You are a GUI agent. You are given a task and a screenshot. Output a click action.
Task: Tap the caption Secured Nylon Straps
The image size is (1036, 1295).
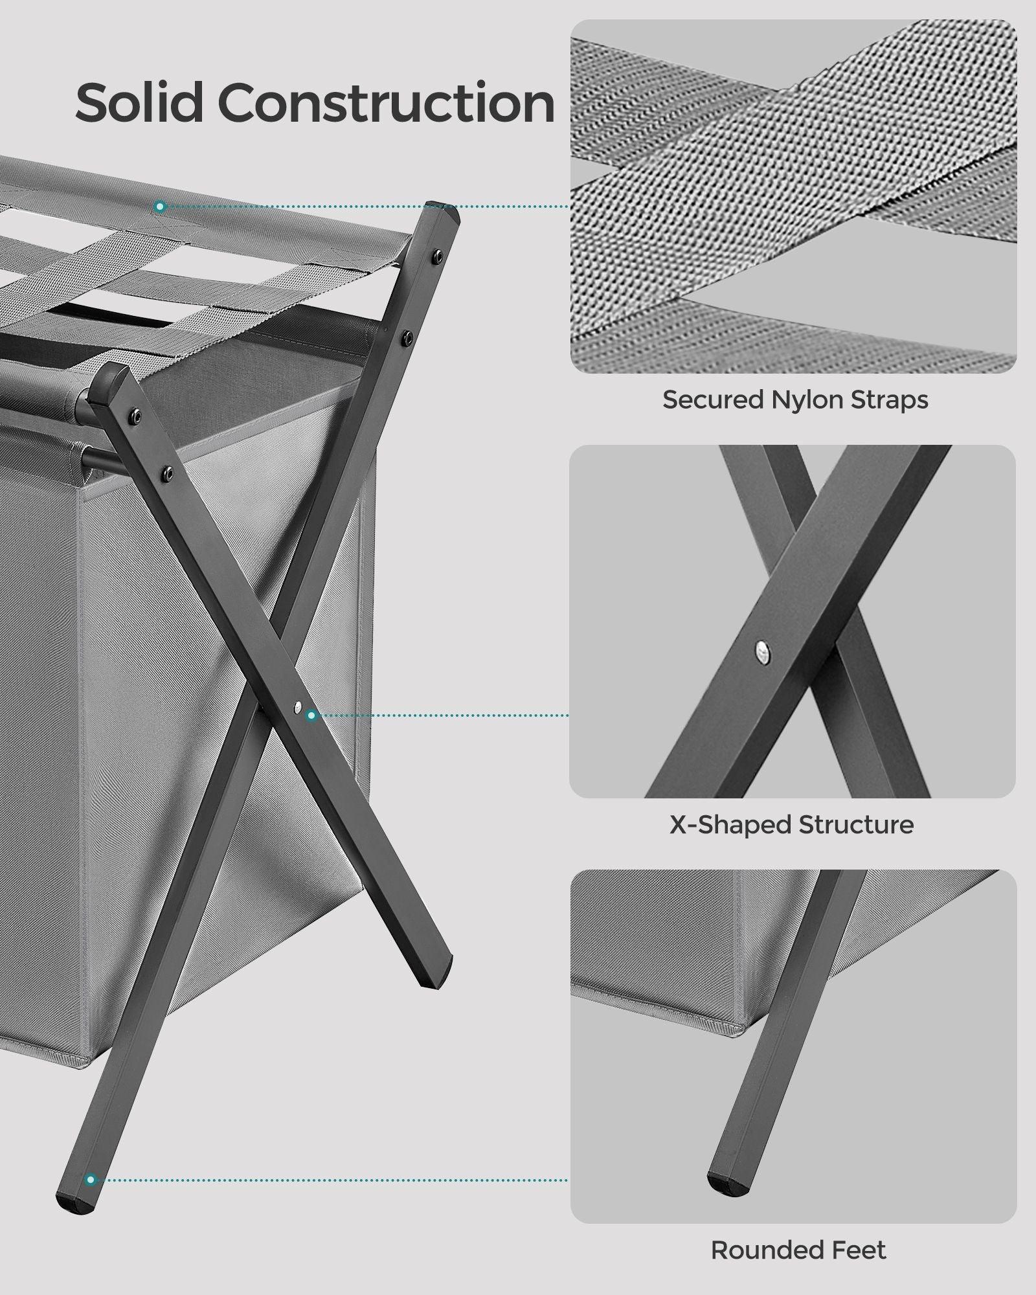(795, 400)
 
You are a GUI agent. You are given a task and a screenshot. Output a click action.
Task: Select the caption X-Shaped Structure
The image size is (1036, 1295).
(791, 824)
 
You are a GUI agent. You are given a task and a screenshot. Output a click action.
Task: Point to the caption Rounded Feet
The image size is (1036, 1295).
(798, 1250)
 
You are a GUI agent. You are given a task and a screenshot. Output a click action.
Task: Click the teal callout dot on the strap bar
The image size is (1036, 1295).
(161, 207)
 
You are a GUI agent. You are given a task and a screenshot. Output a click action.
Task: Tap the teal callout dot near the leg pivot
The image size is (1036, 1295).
(311, 715)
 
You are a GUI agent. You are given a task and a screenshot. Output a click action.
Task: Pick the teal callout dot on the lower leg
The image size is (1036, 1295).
(91, 1180)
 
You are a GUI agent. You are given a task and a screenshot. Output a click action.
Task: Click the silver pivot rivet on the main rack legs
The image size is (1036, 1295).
(296, 708)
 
